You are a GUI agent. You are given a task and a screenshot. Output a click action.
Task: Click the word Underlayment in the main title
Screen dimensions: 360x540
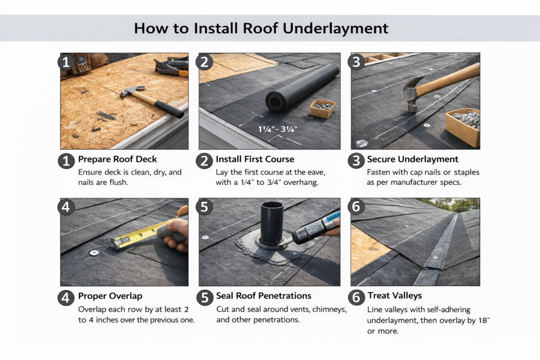pyautogui.click(x=335, y=28)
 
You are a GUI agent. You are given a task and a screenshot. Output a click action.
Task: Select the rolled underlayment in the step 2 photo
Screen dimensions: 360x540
pyautogui.click(x=301, y=87)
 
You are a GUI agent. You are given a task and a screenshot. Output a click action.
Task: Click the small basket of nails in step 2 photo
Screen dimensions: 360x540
pyautogui.click(x=322, y=109)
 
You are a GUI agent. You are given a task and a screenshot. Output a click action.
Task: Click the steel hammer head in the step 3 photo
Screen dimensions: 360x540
pyautogui.click(x=414, y=92)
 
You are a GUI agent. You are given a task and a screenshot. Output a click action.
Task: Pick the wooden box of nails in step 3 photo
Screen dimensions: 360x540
pyautogui.click(x=463, y=127)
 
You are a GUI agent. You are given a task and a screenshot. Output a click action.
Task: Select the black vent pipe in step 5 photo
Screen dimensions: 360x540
pyautogui.click(x=272, y=222)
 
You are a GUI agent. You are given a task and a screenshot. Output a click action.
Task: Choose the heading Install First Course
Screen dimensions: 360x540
pyautogui.click(x=254, y=159)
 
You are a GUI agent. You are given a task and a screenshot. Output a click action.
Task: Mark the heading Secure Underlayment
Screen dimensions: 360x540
pyautogui.click(x=412, y=159)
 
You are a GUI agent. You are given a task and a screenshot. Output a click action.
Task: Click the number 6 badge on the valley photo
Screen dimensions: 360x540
pyautogui.click(x=358, y=207)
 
